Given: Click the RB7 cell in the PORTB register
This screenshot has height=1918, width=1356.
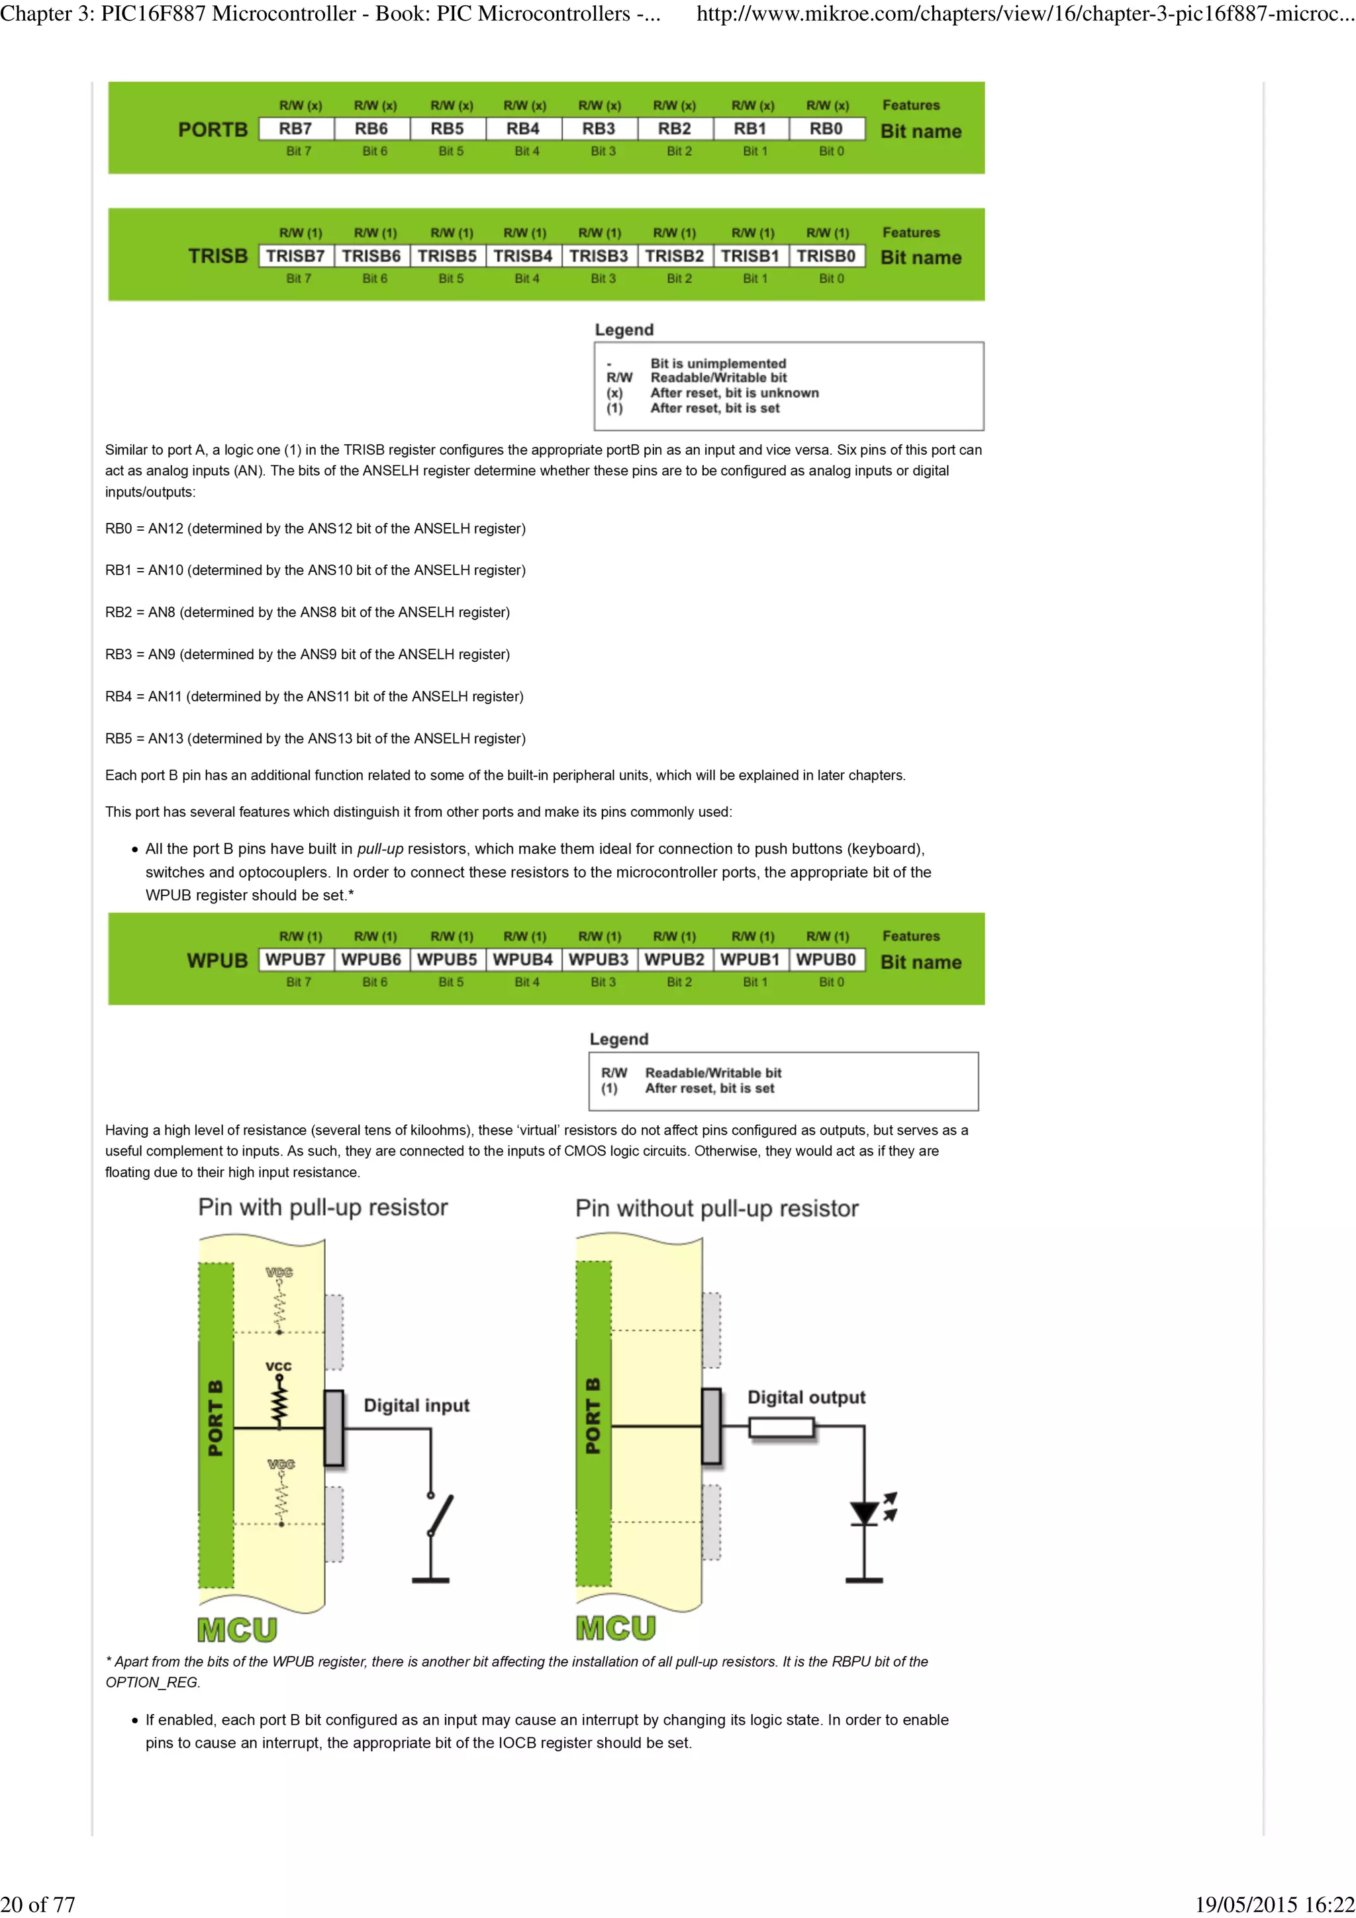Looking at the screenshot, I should point(296,128).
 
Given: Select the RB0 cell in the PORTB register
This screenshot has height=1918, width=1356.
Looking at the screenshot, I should point(826,128).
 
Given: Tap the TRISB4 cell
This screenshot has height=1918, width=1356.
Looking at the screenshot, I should point(523,255).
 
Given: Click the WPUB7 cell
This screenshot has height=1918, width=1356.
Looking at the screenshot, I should point(296,959).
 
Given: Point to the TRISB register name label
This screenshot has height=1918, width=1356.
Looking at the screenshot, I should point(217,255).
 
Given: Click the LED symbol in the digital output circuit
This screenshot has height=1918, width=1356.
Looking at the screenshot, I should point(865,1513).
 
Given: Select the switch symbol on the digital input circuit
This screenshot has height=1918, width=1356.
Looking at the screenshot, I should point(440,1516).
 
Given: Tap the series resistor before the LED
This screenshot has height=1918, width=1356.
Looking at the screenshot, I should point(781,1427).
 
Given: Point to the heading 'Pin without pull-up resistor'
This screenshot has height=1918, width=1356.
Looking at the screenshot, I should point(717,1209).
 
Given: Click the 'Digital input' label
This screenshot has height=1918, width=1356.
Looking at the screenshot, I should point(416,1405).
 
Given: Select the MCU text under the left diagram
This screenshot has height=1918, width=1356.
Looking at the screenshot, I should point(237,1630).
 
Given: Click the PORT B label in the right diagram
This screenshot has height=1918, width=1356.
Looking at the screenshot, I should point(593,1416).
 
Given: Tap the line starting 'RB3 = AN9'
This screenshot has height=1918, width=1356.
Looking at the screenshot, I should point(307,654).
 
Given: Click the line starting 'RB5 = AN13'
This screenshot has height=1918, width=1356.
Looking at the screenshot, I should point(315,739).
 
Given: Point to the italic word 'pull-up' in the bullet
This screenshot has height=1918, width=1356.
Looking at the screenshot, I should point(380,848).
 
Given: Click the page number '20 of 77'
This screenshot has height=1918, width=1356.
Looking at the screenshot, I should point(38,1904).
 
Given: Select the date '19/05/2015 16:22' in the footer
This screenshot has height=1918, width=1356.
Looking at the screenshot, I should point(1274,1904).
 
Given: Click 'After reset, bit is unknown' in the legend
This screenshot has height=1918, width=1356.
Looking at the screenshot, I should point(734,392).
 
